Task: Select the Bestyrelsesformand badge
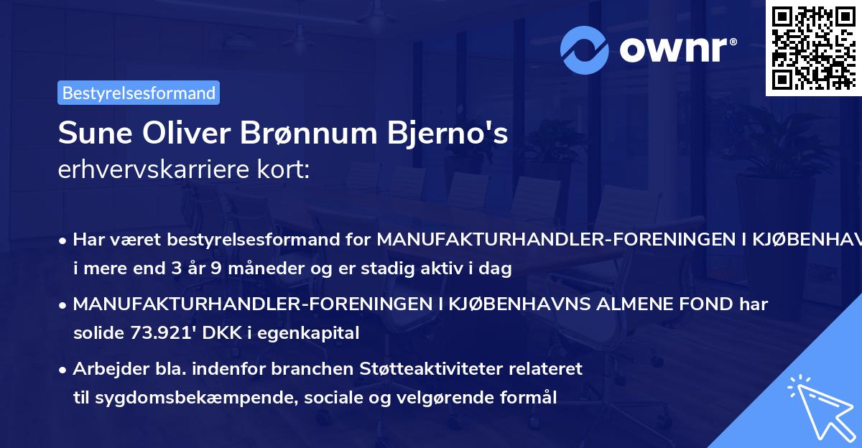(x=139, y=93)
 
